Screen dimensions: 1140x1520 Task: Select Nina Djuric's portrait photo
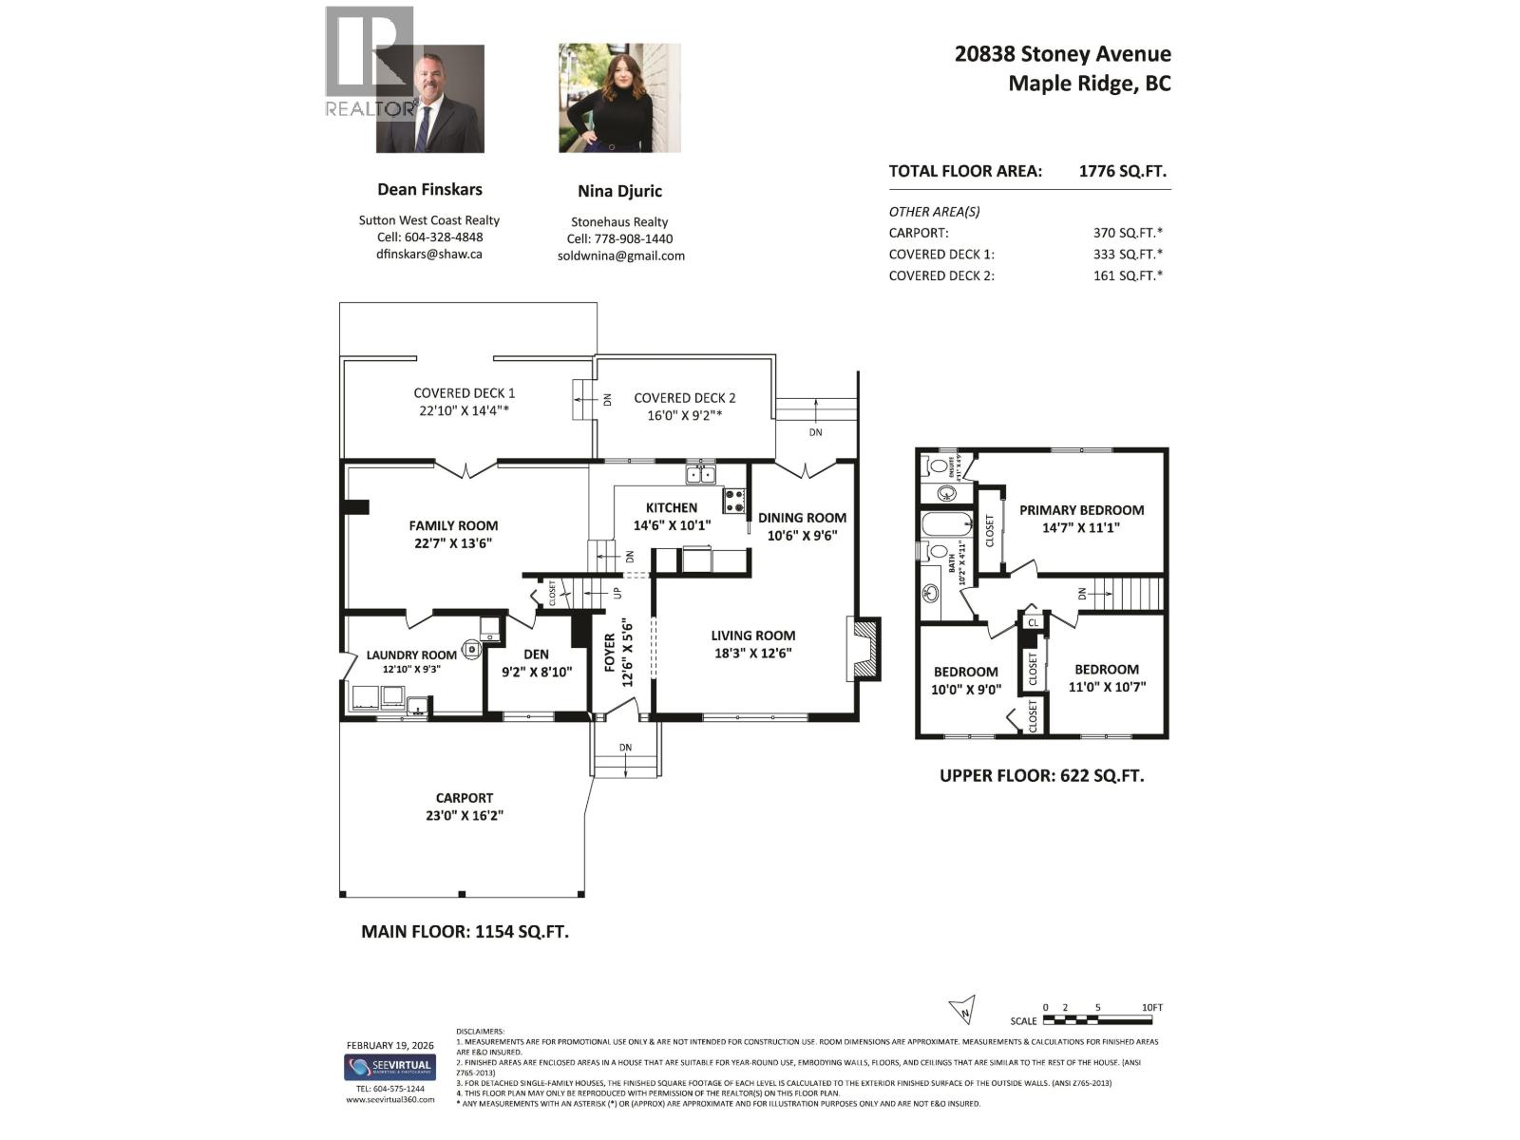tap(619, 98)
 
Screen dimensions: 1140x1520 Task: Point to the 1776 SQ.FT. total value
tap(1122, 172)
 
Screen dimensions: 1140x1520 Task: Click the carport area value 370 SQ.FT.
tap(1128, 233)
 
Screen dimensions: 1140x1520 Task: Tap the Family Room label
tap(453, 525)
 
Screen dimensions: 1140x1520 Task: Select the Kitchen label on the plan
tap(672, 508)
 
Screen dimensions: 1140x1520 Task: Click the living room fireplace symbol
tap(864, 649)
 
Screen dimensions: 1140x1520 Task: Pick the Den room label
tap(536, 654)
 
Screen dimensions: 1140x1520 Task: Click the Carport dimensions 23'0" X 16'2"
tap(465, 815)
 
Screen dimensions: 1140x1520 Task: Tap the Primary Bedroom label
tap(1081, 510)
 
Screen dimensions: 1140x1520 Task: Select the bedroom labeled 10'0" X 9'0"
tap(965, 680)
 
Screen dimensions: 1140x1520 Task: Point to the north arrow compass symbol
tap(962, 1009)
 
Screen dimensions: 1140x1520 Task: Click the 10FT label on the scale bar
tap(1151, 1008)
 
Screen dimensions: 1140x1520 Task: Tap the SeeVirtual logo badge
tap(389, 1067)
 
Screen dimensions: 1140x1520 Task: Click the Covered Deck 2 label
tap(684, 398)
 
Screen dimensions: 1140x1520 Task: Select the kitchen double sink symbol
tap(701, 474)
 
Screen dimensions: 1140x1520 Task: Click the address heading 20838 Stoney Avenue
tap(1062, 54)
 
